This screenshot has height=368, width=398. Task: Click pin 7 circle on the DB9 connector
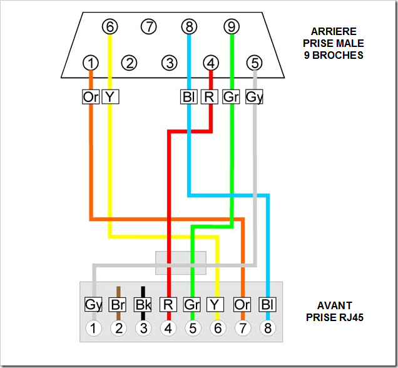(x=148, y=27)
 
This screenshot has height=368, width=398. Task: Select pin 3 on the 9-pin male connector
(x=168, y=63)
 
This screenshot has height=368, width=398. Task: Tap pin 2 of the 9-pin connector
(x=130, y=63)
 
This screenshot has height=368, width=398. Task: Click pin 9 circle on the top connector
(x=232, y=27)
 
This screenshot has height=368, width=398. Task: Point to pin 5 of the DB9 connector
(x=254, y=63)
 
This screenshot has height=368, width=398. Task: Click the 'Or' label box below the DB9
(x=91, y=97)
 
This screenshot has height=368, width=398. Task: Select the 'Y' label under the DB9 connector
(x=110, y=97)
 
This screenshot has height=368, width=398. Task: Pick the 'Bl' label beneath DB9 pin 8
(x=188, y=97)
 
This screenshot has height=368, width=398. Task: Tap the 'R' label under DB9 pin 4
(x=211, y=97)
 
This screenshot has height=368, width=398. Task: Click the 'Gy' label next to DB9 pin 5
(x=254, y=97)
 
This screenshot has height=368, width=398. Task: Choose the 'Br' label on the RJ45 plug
(x=118, y=305)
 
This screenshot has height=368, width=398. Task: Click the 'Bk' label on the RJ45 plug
(x=143, y=305)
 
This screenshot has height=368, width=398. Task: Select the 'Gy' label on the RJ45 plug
(x=93, y=305)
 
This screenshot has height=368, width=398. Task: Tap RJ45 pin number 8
(x=267, y=327)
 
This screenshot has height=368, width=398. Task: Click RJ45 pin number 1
(x=93, y=327)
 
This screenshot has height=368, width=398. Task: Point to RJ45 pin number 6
(x=217, y=327)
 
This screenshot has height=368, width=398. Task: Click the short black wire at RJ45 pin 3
(x=143, y=292)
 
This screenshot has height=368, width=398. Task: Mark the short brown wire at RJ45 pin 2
(x=118, y=292)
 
